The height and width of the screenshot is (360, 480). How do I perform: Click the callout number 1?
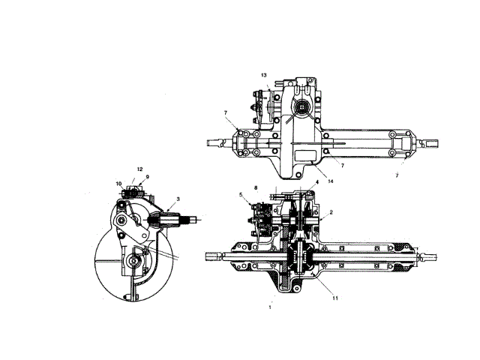click(x=270, y=307)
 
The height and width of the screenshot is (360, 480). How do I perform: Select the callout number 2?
click(x=331, y=212)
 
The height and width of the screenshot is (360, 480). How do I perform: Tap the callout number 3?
click(x=178, y=199)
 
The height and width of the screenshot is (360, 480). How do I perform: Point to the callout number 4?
click(x=317, y=182)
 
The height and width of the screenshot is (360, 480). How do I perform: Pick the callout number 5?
click(x=241, y=194)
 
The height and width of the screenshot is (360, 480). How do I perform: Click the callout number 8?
click(x=256, y=188)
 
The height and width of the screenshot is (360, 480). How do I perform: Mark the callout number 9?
click(x=147, y=177)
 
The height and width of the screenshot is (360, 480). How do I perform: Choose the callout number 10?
click(x=118, y=184)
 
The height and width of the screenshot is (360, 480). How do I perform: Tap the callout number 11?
click(x=335, y=298)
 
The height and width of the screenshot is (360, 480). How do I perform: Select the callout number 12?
click(x=140, y=169)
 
